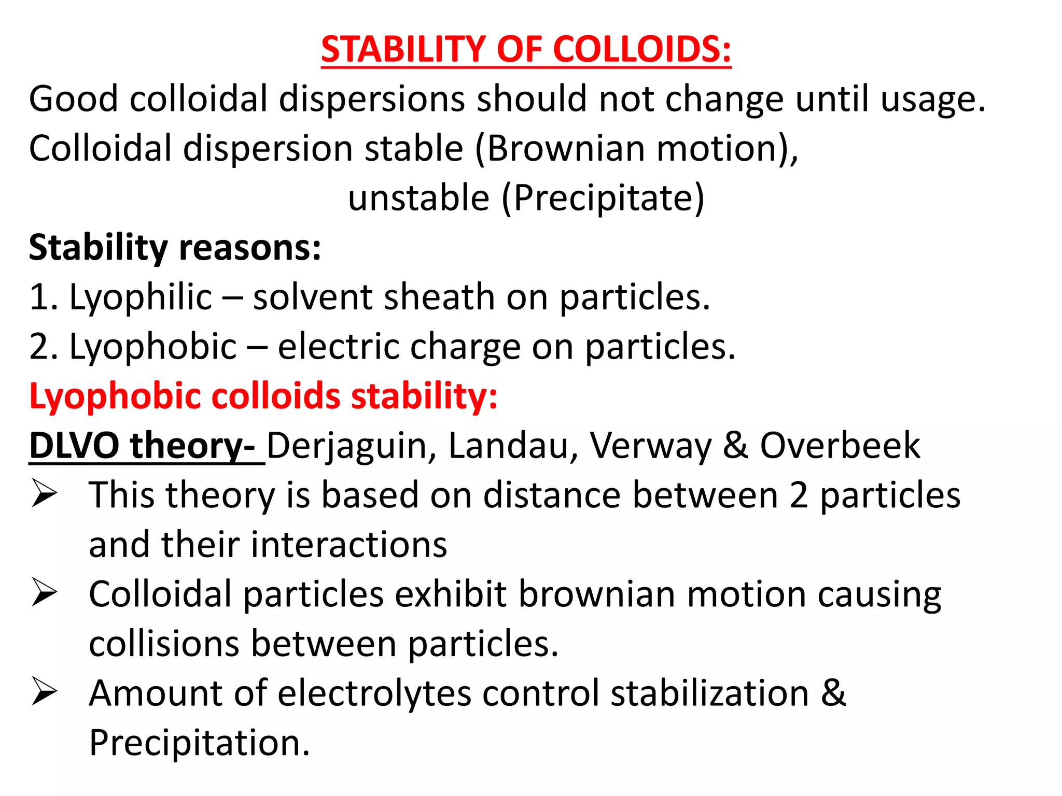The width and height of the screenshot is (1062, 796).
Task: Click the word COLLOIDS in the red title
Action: click(642, 50)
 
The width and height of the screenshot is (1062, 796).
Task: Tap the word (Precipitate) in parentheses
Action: click(603, 198)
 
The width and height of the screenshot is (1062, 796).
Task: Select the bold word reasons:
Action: click(249, 248)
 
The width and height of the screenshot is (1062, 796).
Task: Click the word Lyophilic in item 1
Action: click(141, 298)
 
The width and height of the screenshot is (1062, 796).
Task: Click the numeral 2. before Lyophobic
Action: click(44, 347)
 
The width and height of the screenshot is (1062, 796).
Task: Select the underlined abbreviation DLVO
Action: click(74, 445)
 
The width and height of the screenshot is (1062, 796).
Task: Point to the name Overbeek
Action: click(840, 445)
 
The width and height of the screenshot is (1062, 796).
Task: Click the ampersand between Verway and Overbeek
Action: click(735, 446)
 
